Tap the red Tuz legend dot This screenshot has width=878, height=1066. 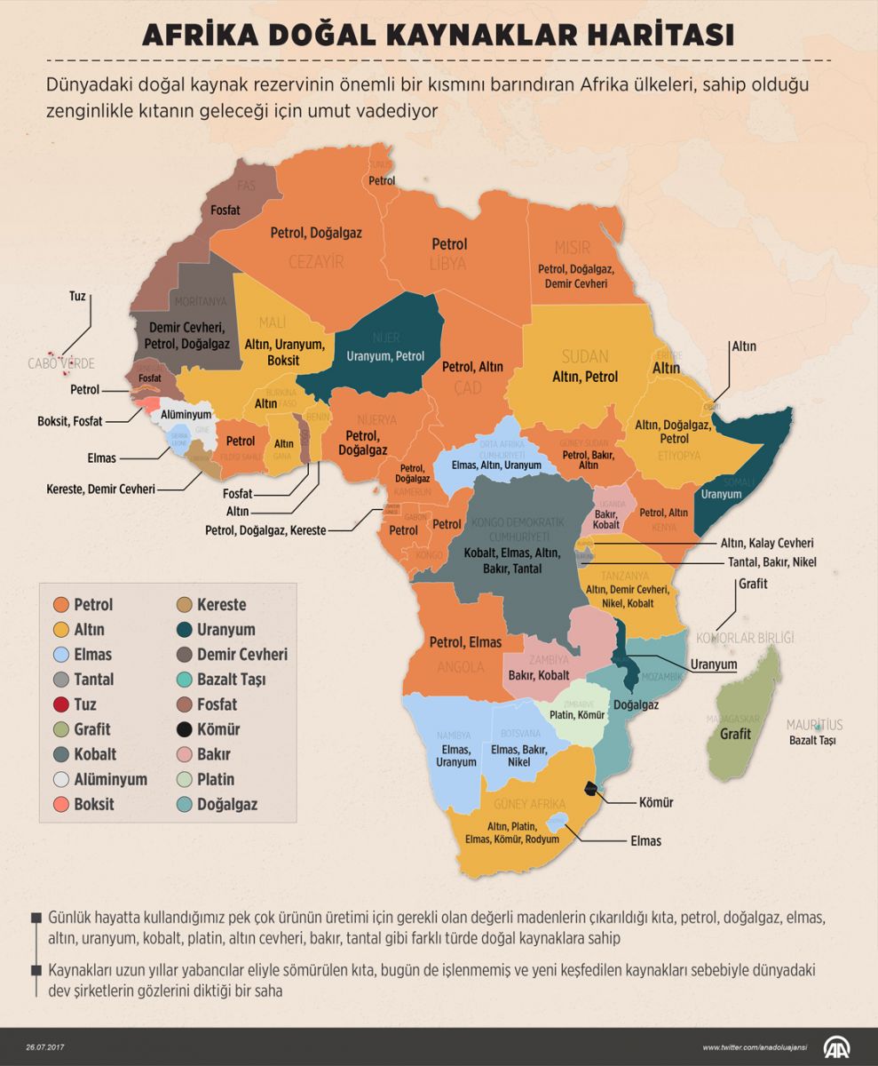pyautogui.click(x=61, y=704)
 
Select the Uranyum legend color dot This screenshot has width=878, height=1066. pyautogui.click(x=184, y=630)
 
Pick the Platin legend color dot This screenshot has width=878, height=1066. pyautogui.click(x=184, y=779)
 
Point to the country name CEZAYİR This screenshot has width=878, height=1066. pyautogui.click(x=316, y=261)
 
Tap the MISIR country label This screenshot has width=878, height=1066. pyautogui.click(x=572, y=246)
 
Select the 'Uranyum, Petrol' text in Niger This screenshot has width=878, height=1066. pyautogui.click(x=385, y=355)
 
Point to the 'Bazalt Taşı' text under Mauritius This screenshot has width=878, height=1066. pyautogui.click(x=813, y=740)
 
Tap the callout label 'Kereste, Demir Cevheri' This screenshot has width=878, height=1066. pyautogui.click(x=100, y=489)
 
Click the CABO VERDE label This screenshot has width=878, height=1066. pyautogui.click(x=60, y=363)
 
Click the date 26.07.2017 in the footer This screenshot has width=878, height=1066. pyautogui.click(x=46, y=1047)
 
